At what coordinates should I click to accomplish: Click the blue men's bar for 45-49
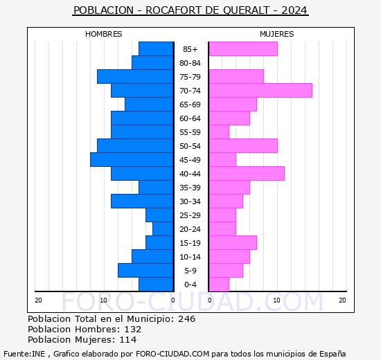tap(132, 160)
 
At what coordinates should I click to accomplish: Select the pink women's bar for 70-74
tap(260, 91)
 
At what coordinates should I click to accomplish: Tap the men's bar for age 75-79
tap(135, 77)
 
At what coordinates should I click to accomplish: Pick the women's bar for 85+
tap(242, 49)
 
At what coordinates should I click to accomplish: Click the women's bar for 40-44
tap(246, 174)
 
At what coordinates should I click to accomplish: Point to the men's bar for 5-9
tap(145, 271)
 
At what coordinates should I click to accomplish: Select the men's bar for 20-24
tap(163, 229)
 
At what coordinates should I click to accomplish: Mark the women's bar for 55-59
tap(218, 132)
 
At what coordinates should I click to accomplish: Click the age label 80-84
tap(190, 63)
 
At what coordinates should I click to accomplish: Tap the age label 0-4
tap(190, 285)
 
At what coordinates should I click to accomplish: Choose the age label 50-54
tap(190, 146)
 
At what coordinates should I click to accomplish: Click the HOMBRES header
tap(104, 34)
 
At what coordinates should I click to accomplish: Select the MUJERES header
tap(277, 34)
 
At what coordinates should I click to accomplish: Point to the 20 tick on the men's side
tap(38, 300)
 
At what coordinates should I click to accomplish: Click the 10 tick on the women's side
tap(276, 300)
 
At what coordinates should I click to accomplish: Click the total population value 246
tap(186, 319)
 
